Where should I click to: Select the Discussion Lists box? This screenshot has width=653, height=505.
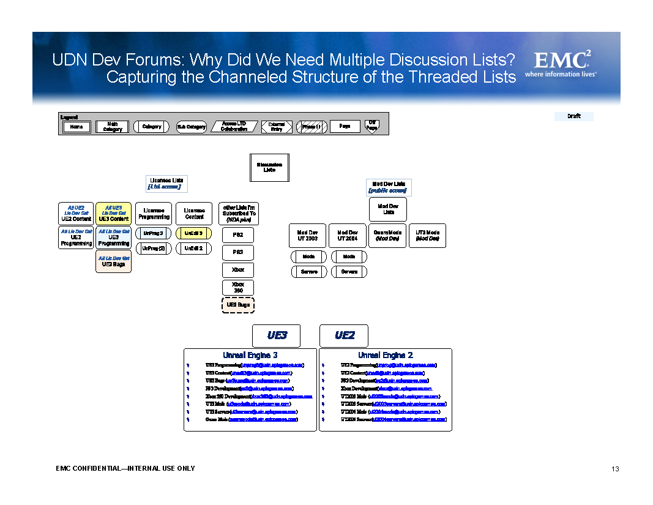tap(269, 168)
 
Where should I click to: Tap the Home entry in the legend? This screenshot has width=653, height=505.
tap(76, 127)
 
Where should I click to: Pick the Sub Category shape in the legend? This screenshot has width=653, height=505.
tap(191, 127)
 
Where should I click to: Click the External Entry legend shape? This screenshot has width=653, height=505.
tap(277, 127)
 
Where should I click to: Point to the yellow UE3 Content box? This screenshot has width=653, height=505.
tap(113, 214)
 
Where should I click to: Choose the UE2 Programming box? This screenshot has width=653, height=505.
tap(76, 238)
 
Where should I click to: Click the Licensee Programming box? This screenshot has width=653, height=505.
tap(154, 214)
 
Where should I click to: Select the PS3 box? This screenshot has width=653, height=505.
tap(237, 252)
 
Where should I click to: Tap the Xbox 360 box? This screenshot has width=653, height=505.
tap(237, 287)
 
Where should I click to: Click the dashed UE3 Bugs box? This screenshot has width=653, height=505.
tap(237, 304)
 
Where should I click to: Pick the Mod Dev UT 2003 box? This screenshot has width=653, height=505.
tap(307, 236)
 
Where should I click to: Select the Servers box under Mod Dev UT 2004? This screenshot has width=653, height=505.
tap(349, 272)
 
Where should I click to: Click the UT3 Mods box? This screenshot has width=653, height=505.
tap(427, 236)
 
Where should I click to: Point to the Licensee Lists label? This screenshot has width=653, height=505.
tap(166, 184)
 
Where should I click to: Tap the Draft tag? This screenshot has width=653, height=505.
tap(573, 116)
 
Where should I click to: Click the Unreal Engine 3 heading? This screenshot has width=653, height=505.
tap(250, 355)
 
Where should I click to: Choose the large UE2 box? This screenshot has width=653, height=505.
tap(344, 335)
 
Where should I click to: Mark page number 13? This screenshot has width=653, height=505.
tap(615, 469)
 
